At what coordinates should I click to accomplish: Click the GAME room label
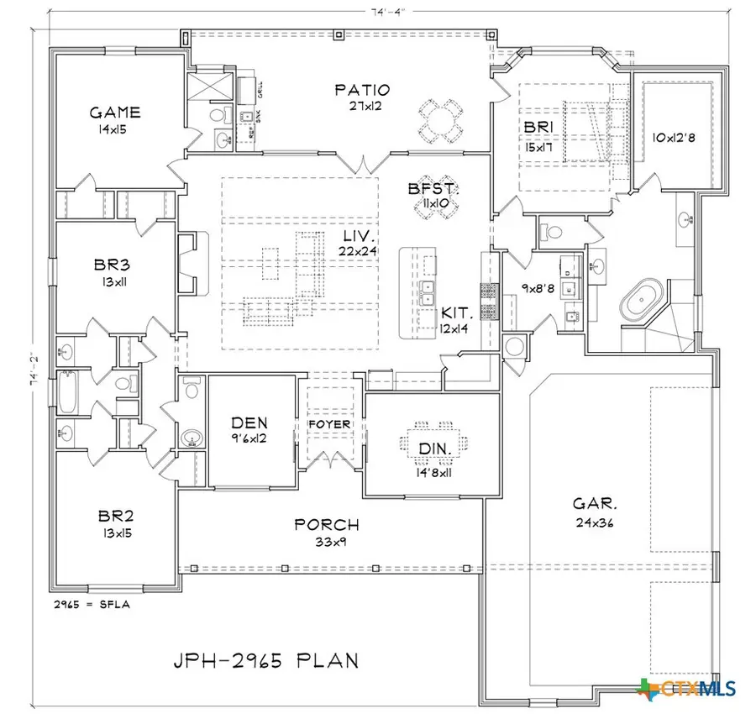click(x=115, y=113)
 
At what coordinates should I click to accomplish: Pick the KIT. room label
click(x=458, y=315)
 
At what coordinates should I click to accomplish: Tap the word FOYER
click(x=329, y=425)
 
